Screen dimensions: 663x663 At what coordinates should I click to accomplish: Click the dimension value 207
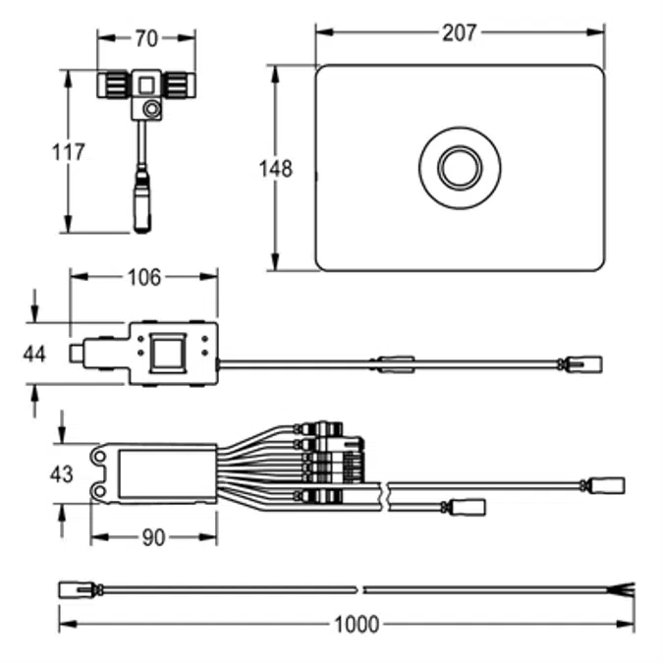click(458, 33)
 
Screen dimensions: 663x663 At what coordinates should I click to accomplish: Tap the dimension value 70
click(146, 39)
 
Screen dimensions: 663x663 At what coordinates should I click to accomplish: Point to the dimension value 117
click(68, 152)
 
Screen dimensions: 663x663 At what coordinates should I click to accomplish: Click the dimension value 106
click(143, 277)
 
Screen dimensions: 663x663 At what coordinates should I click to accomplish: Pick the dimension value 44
click(34, 354)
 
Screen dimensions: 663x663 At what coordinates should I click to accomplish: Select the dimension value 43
click(62, 474)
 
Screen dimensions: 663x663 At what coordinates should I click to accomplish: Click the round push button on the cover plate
click(459, 168)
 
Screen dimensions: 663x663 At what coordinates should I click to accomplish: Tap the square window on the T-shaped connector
click(146, 84)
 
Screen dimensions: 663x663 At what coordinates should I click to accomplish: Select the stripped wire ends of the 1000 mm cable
click(625, 590)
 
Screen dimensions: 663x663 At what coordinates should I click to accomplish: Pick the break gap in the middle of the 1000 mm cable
click(359, 590)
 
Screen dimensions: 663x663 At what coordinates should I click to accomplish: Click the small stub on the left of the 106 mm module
click(77, 353)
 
